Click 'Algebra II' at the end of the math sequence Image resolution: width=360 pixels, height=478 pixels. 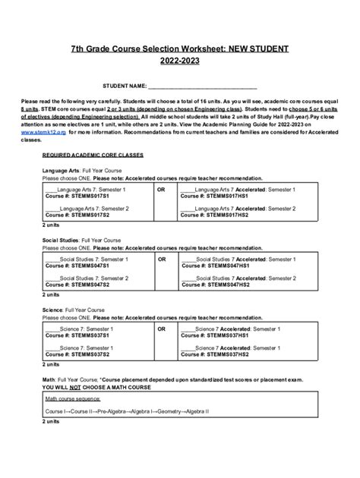point(197,411)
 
